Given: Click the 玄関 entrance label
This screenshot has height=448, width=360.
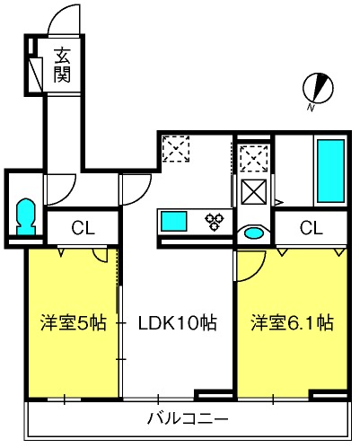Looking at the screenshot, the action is click(62, 65).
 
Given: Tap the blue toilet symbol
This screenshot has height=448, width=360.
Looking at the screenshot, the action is click(26, 217).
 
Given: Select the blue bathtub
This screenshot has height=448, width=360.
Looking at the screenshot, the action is click(330, 171).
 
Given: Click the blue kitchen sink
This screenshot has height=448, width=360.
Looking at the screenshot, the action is click(174, 221).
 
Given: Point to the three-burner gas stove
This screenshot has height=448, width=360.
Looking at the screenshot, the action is click(215, 221).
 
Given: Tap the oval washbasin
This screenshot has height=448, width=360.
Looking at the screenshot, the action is click(254, 233).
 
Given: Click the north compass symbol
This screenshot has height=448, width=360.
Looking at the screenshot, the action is click(318, 88).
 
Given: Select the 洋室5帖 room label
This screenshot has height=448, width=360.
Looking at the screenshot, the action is click(74, 322).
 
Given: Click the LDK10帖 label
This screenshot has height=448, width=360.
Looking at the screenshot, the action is click(177, 322).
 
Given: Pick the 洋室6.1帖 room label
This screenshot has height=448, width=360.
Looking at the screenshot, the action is click(292, 322).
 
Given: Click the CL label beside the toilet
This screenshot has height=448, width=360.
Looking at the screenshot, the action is click(83, 228).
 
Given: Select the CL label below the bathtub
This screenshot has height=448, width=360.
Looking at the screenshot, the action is click(312, 228).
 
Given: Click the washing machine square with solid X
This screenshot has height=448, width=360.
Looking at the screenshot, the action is click(254, 192).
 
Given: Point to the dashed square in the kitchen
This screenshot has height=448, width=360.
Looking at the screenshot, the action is click(176, 148).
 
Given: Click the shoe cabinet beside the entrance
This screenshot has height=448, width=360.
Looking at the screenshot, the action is click(36, 74).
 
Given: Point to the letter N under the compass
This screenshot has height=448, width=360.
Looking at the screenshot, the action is click(311, 108).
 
